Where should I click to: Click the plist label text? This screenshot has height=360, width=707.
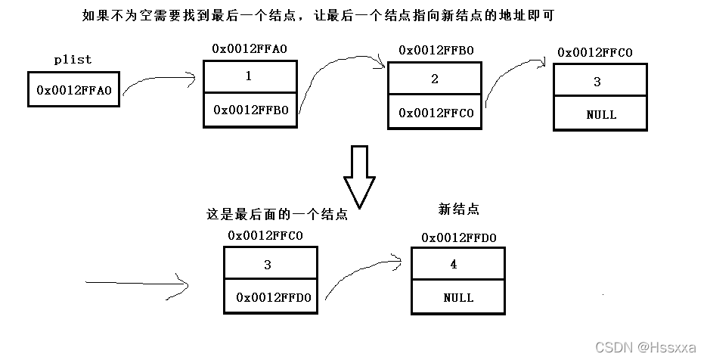click(x=73, y=59)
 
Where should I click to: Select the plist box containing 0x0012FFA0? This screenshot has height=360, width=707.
click(x=73, y=90)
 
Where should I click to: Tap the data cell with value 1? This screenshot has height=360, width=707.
click(x=249, y=76)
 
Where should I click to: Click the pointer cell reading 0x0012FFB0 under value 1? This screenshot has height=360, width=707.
click(x=249, y=109)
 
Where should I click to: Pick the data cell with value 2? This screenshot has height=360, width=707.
click(x=434, y=79)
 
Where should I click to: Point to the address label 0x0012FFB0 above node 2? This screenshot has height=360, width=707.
click(x=436, y=50)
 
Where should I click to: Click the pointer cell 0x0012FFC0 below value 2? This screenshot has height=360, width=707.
click(x=434, y=113)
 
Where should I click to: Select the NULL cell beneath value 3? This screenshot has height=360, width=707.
click(x=600, y=115)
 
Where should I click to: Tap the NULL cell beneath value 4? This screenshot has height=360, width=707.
click(x=458, y=297)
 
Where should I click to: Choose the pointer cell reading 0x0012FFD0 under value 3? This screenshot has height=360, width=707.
click(x=271, y=297)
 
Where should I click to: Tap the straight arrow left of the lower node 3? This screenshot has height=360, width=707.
click(x=136, y=284)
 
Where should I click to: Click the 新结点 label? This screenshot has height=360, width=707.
click(x=458, y=209)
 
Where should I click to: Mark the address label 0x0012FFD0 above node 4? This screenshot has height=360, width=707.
click(x=458, y=238)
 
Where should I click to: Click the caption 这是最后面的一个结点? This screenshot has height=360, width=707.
click(x=277, y=214)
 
